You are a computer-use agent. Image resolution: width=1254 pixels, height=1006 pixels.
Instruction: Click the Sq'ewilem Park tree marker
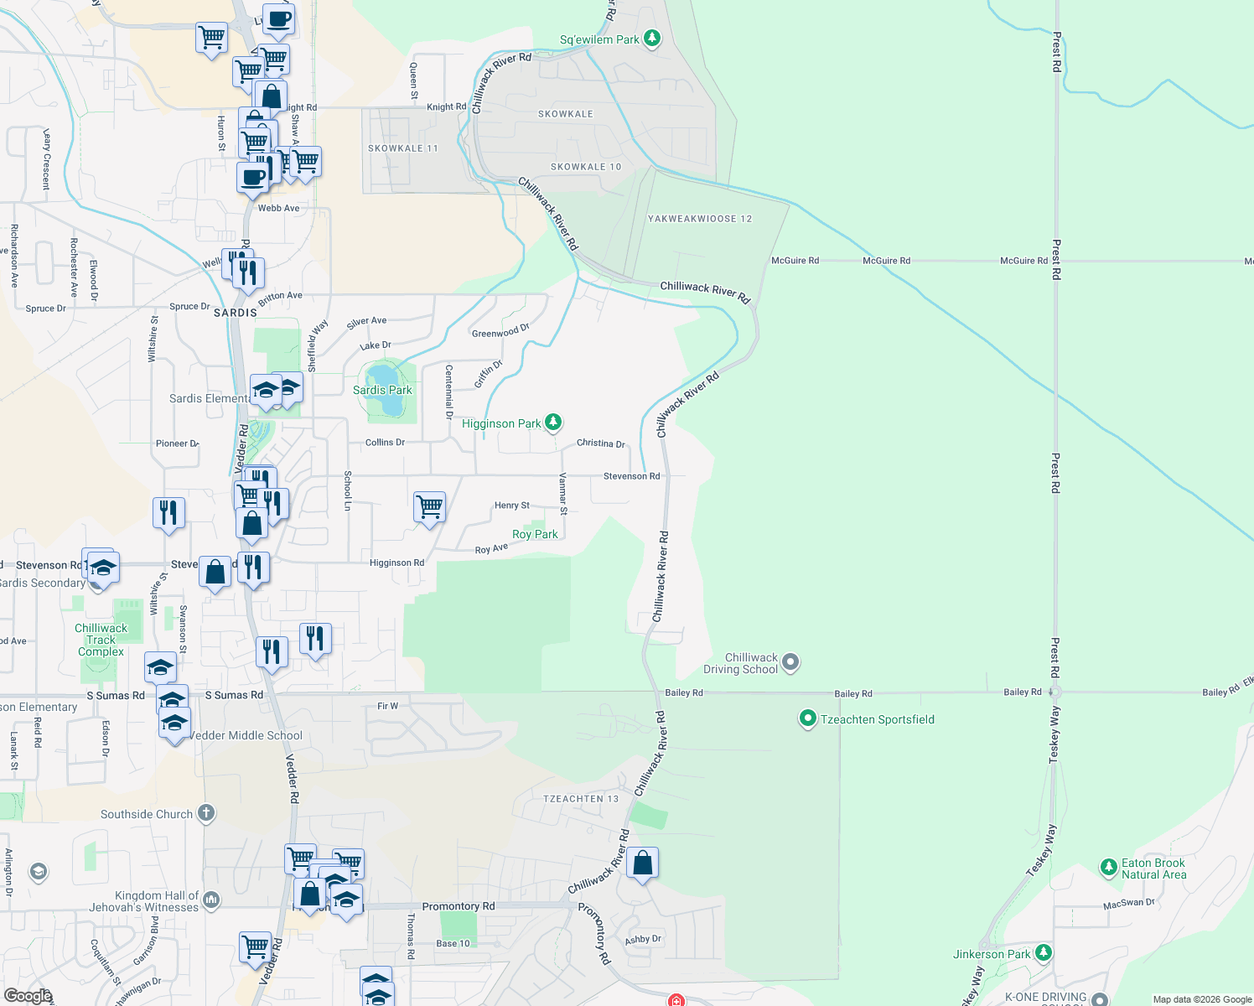pyautogui.click(x=652, y=39)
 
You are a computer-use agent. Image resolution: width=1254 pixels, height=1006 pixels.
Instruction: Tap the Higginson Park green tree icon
pyautogui.click(x=553, y=422)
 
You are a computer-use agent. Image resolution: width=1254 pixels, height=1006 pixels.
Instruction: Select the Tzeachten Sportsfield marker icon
pyautogui.click(x=807, y=719)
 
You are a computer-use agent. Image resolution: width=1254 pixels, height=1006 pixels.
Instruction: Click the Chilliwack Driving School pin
pyautogui.click(x=790, y=663)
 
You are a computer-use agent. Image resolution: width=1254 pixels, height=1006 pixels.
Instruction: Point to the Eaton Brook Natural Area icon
pyautogui.click(x=1108, y=868)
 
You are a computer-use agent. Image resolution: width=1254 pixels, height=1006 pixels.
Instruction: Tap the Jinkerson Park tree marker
pyautogui.click(x=1044, y=953)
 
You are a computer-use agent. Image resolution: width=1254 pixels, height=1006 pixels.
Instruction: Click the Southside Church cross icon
pyautogui.click(x=206, y=813)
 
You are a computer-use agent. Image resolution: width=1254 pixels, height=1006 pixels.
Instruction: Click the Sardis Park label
pyautogui.click(x=382, y=390)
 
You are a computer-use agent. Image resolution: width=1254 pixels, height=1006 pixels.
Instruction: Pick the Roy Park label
pyautogui.click(x=535, y=534)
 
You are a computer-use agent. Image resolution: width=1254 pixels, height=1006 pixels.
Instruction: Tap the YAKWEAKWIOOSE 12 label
pyautogui.click(x=700, y=219)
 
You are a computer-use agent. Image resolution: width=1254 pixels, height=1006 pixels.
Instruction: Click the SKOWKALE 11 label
pyautogui.click(x=403, y=148)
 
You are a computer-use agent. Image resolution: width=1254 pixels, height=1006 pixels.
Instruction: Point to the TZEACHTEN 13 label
pyautogui.click(x=581, y=799)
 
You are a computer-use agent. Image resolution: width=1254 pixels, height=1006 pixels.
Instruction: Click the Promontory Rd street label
pyautogui.click(x=459, y=906)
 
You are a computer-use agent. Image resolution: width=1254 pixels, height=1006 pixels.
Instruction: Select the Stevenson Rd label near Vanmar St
pyautogui.click(x=631, y=476)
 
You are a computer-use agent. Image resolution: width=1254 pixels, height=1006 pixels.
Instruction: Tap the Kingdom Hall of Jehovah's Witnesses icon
pyautogui.click(x=211, y=900)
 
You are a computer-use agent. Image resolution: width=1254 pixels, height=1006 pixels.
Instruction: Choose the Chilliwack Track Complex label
pyautogui.click(x=101, y=640)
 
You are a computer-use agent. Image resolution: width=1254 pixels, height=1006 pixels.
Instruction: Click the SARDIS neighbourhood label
pyautogui.click(x=236, y=313)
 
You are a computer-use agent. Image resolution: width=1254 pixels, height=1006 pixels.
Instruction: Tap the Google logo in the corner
pyautogui.click(x=28, y=995)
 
